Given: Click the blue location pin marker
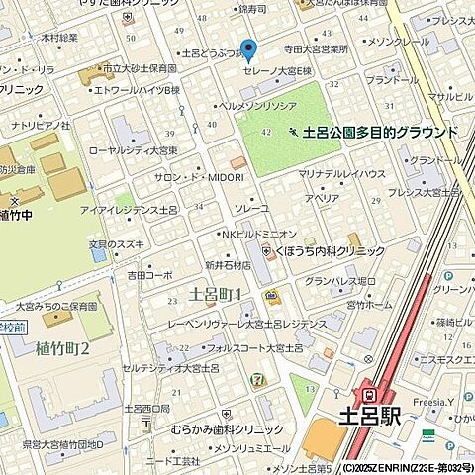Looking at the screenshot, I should tap(248, 49).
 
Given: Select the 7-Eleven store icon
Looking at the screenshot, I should tap(258, 378).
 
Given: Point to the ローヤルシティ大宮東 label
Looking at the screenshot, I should tap(134, 151).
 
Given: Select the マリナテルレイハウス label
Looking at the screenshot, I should tap(341, 174).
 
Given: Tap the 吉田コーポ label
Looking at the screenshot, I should tap(149, 275).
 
